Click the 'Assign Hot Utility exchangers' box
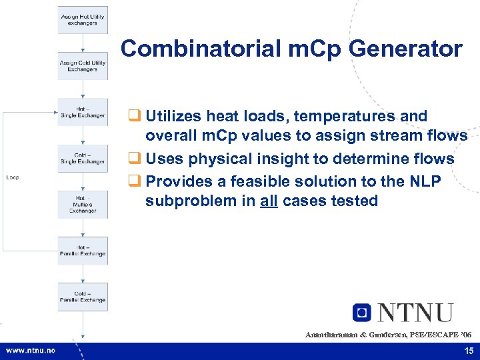point(82,19)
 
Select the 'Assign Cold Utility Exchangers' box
point(82,66)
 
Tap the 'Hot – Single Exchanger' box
point(82,112)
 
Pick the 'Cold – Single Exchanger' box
point(82,159)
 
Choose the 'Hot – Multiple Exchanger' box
point(82,205)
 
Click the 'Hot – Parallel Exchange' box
point(82,251)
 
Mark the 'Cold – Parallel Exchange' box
point(82,297)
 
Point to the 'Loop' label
point(13,177)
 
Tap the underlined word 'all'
point(269,201)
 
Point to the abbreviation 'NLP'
point(423,181)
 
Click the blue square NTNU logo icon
point(362,312)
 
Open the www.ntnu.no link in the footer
point(31,351)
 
